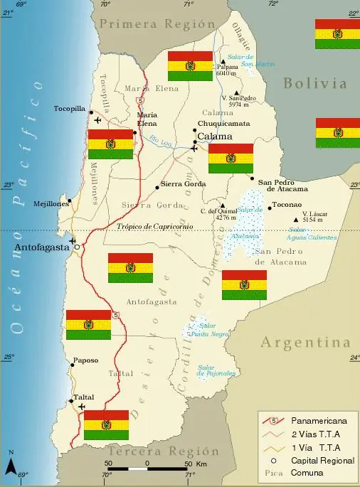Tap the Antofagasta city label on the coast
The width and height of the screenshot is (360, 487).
tap(39, 247)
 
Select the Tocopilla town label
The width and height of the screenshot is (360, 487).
tap(69, 109)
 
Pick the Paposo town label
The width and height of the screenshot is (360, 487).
tap(85, 360)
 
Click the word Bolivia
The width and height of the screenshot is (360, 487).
tap(315, 83)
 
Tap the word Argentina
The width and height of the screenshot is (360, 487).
tap(306, 343)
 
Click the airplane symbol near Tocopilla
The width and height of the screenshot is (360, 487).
tap(97, 119)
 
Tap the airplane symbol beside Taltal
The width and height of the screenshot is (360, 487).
tap(80, 406)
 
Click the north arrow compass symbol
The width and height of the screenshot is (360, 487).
tap(11, 464)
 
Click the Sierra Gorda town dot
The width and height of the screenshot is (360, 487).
tap(157, 188)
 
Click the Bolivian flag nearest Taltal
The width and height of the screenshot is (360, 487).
tap(106, 424)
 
